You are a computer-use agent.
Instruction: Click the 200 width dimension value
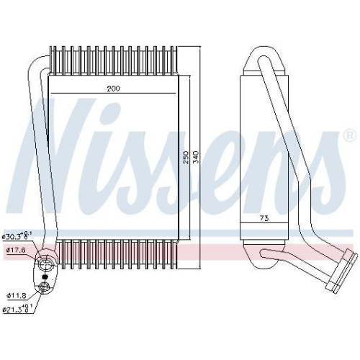click(114, 88)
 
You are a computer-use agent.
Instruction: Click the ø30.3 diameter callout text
click(14, 235)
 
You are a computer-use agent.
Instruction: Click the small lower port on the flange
click(45, 287)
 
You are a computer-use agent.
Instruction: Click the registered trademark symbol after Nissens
click(349, 135)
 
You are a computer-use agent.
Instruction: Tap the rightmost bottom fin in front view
click(174, 253)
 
